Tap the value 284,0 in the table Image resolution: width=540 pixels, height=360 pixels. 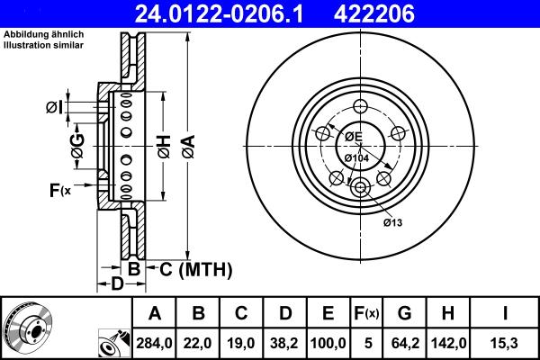[154, 343]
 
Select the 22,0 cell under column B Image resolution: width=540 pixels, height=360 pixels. [199, 343]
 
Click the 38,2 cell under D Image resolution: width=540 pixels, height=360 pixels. [286, 343]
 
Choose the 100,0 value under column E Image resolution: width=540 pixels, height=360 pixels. [328, 343]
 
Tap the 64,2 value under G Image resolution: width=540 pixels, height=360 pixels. [405, 343]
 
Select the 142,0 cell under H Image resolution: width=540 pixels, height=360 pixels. [448, 343]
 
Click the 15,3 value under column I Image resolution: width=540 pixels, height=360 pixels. [504, 343]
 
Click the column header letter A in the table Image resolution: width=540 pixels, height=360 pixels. [154, 314]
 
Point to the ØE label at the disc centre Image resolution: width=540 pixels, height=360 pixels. [352, 137]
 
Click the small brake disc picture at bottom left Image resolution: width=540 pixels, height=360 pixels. [27, 328]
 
